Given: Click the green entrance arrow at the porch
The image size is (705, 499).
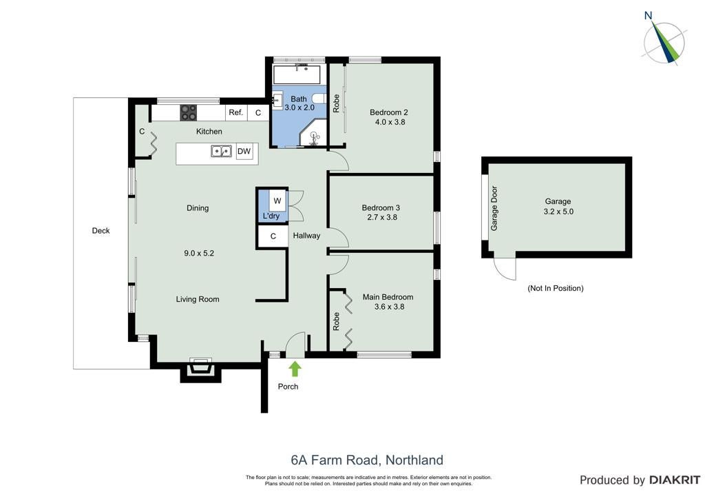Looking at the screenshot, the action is pos(295,369).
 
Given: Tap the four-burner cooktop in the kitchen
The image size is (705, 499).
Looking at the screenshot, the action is pos(189,112).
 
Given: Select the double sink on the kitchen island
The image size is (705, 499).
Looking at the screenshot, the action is pos(221,151).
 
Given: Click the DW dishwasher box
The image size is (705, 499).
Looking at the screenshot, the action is pos(244,151).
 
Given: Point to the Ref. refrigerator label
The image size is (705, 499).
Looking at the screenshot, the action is pos(236,112).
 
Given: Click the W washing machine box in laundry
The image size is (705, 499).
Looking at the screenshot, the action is pos(278,201).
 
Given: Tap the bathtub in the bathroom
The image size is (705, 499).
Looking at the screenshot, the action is pos(297,74).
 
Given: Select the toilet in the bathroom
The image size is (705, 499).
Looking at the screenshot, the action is pos(318,99).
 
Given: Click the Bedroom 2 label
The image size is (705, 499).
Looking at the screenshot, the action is pos(389,112).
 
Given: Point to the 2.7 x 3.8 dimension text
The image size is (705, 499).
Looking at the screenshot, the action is pos(382,217).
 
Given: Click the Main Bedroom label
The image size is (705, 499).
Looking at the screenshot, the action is pos(388,297).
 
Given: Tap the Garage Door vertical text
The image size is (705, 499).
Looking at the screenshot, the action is pos(494,208).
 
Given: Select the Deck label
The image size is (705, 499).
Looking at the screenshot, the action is pos(101,231).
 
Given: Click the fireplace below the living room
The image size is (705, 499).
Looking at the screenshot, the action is pos(200,370).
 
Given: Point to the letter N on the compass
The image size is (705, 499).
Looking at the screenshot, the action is pos(648,16).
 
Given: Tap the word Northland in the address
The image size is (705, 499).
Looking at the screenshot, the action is pos(414,460).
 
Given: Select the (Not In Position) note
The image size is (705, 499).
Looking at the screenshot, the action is pos(556,288).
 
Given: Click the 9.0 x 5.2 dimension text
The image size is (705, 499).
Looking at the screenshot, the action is pos(199,254).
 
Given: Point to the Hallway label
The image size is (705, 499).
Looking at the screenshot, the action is pos(306,236).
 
